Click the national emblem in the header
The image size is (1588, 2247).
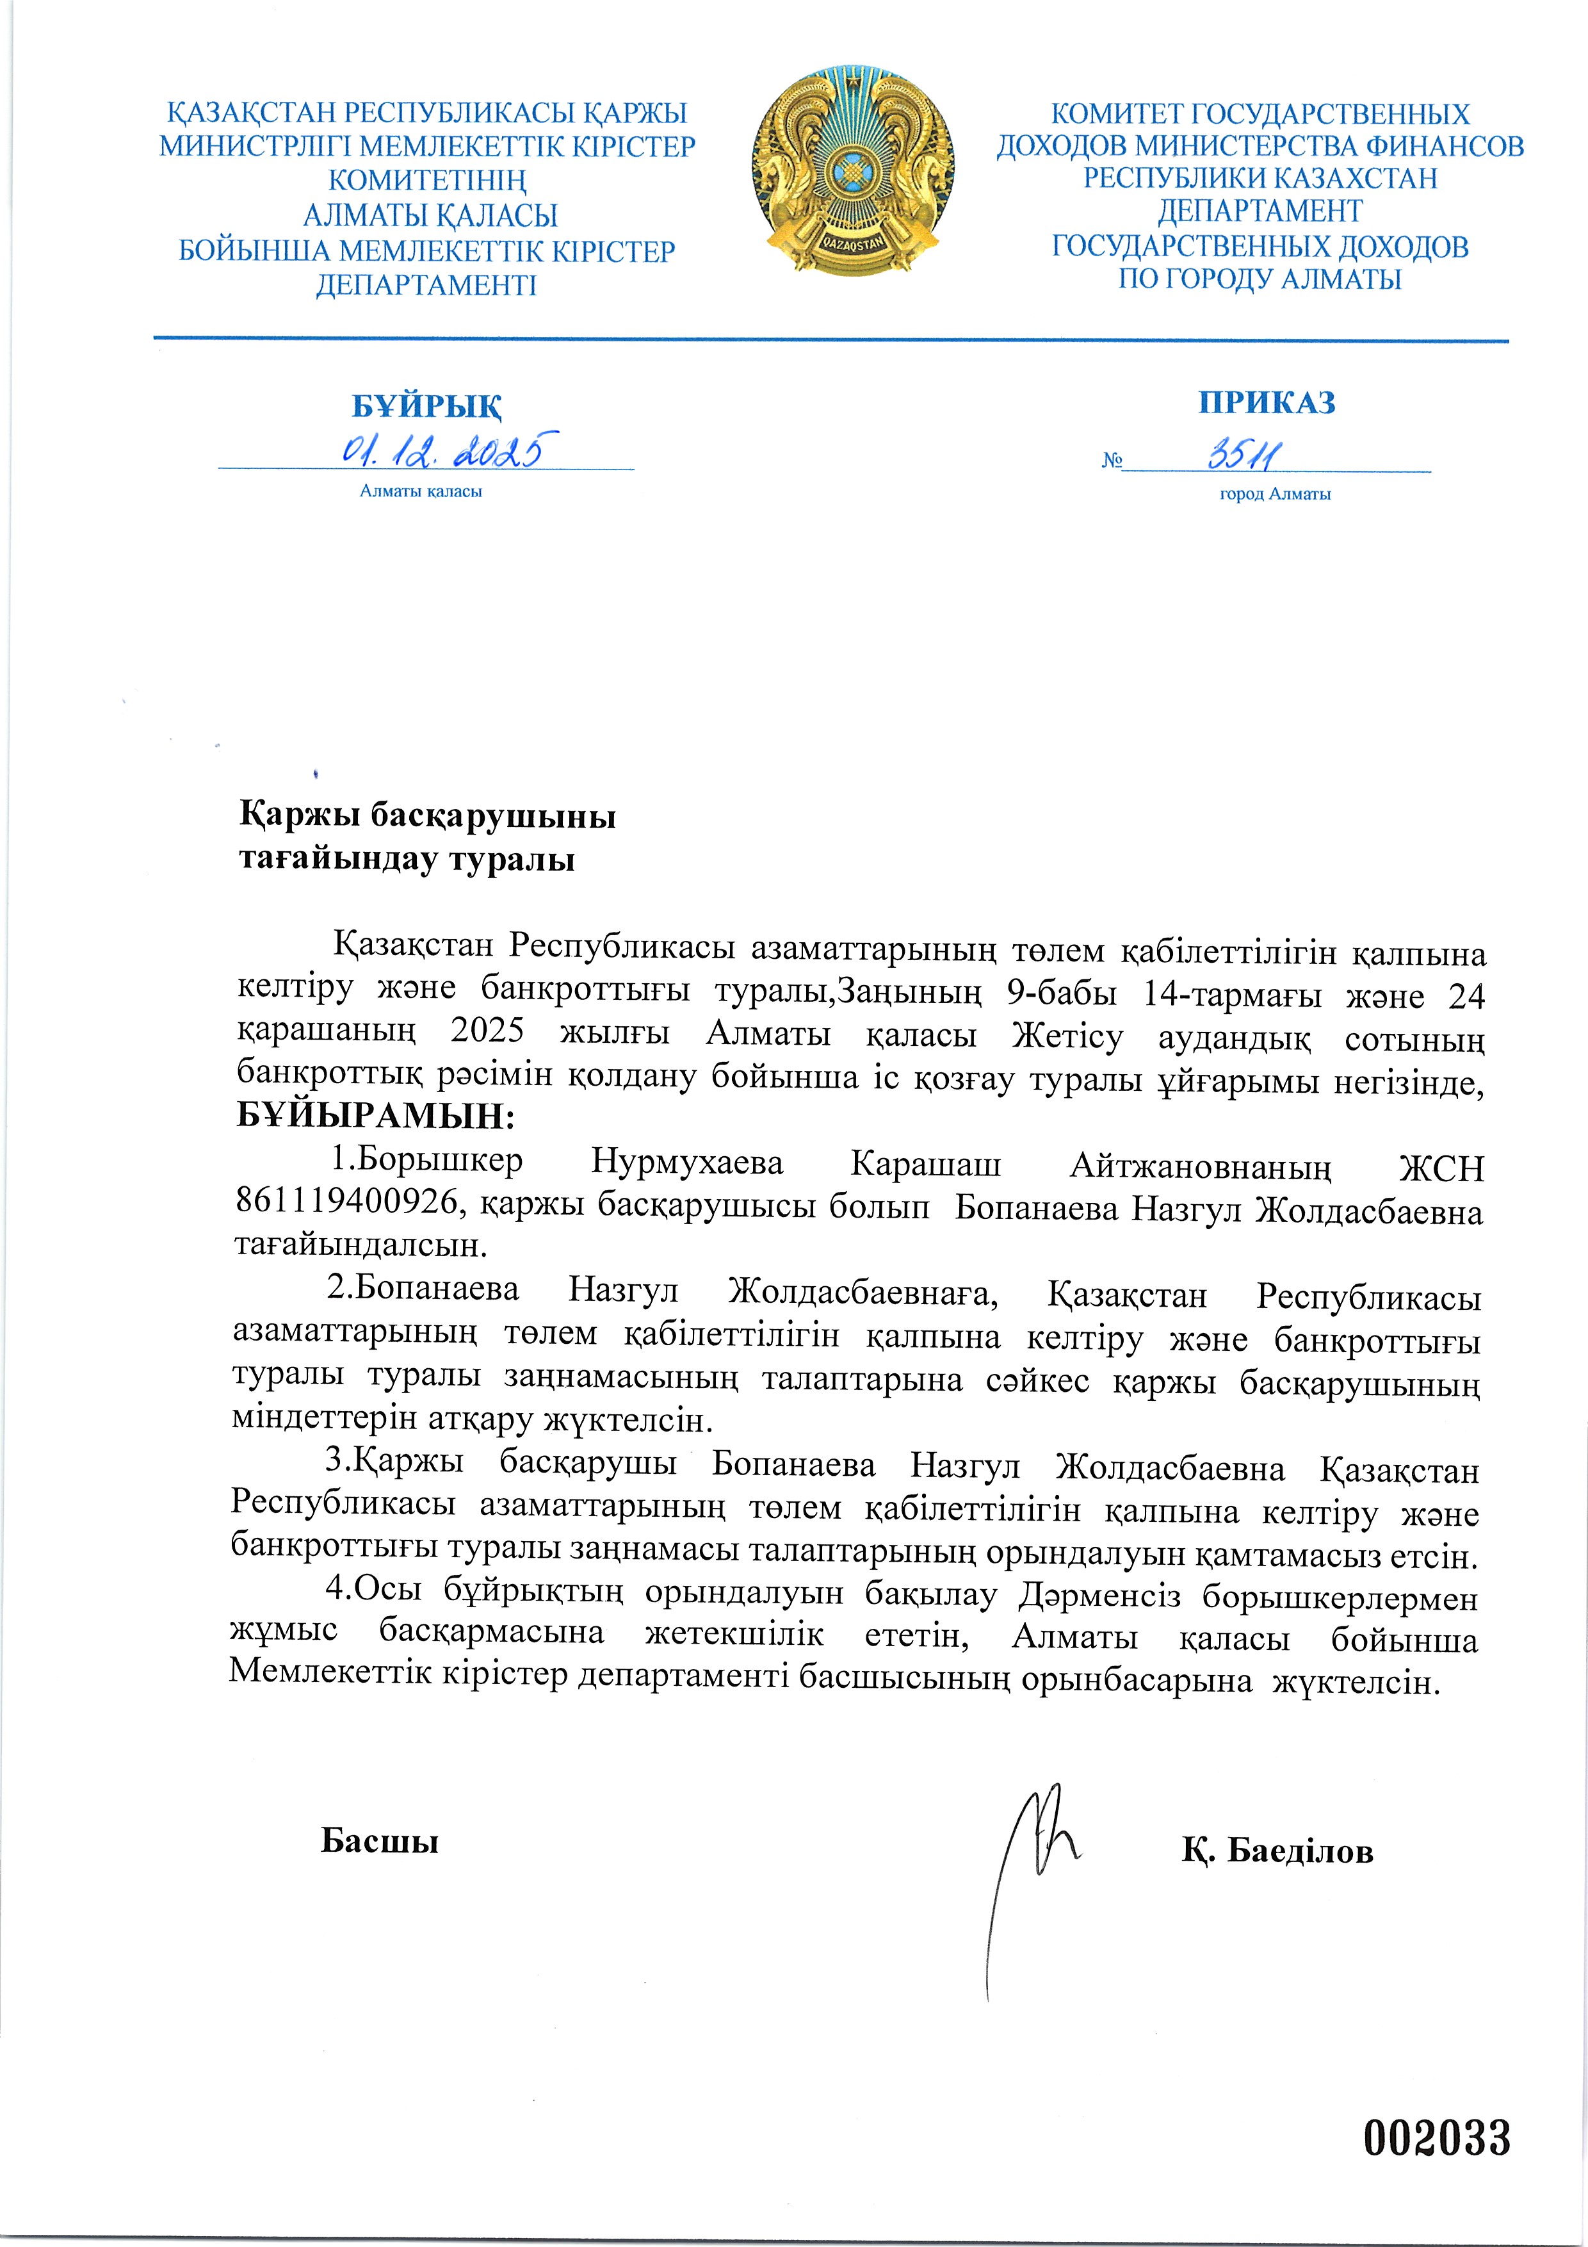pos(852,171)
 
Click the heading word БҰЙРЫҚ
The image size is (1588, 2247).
pos(426,406)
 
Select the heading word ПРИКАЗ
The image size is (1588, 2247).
pos(1266,403)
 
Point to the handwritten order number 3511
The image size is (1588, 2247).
pos(1245,454)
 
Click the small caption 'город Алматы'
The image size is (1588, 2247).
pos(1274,494)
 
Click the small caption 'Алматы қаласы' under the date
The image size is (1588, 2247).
pos(421,491)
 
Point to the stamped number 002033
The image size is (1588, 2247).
pos(1436,2137)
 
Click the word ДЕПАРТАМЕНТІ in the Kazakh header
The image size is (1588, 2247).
pos(426,286)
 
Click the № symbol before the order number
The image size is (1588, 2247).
pos(1112,460)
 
